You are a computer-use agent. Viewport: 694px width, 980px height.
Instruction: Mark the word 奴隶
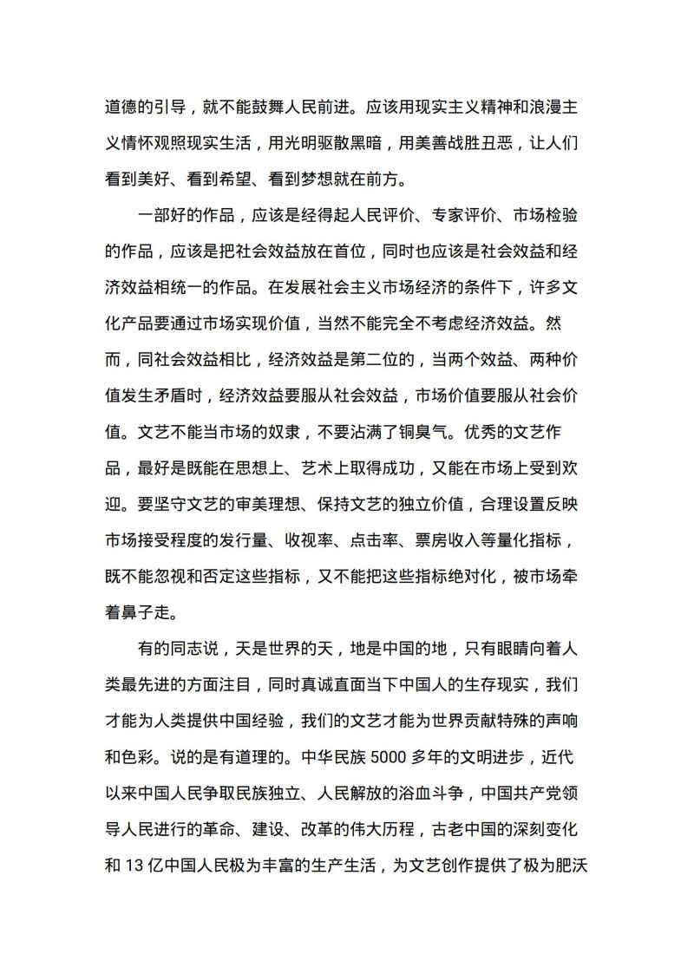[x=301, y=431]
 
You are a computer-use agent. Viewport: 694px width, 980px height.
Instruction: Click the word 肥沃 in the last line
[x=573, y=868]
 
